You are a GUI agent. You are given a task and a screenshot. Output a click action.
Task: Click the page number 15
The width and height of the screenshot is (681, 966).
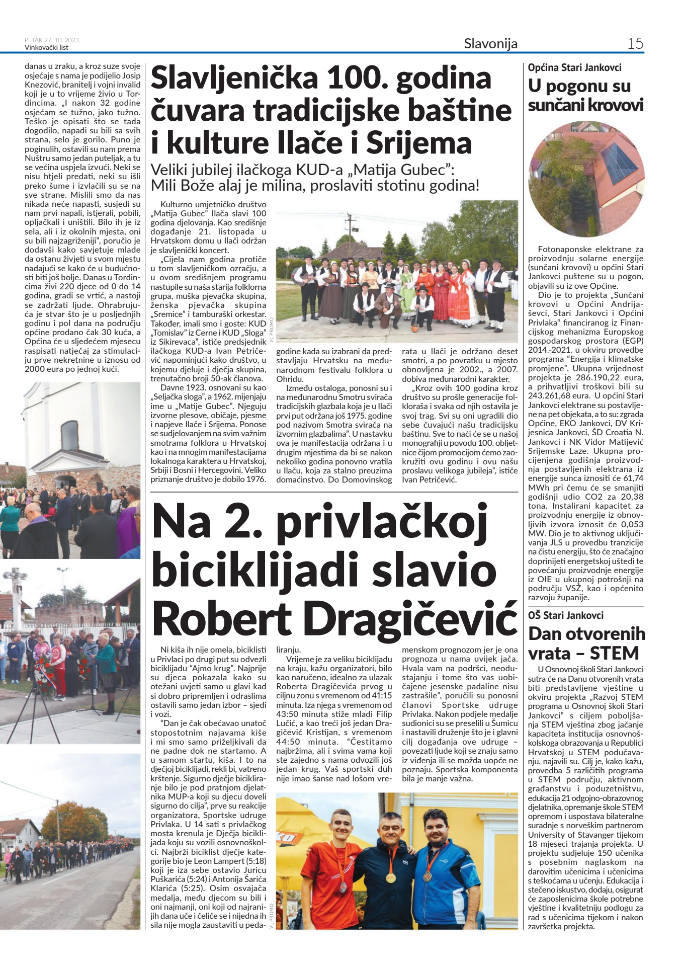click(635, 43)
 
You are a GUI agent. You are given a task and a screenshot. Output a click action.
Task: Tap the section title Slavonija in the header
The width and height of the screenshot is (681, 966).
click(490, 44)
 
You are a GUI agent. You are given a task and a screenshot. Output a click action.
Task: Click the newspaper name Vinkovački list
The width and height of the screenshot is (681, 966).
click(46, 48)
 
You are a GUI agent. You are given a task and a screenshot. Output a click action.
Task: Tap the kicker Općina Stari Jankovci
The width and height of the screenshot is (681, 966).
click(574, 67)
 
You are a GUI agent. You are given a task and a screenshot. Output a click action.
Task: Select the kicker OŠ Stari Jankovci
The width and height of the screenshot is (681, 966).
click(566, 615)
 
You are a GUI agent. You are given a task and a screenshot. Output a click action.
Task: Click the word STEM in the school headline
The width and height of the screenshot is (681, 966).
click(614, 654)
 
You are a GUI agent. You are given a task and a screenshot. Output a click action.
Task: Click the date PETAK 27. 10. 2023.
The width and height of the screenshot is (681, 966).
click(52, 40)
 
